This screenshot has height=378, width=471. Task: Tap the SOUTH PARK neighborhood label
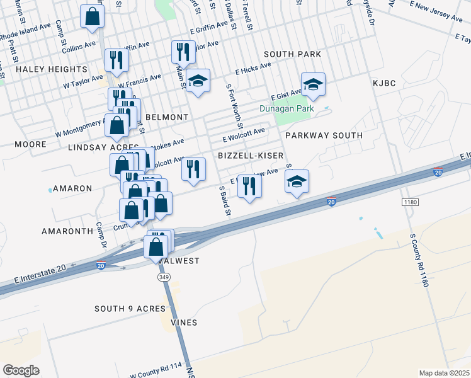[292, 54]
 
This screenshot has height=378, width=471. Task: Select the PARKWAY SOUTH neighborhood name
[324, 135]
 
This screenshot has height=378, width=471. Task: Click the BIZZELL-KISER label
[250, 155]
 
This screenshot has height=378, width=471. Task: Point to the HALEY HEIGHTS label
[52, 69]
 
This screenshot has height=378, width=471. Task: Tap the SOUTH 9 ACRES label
[130, 309]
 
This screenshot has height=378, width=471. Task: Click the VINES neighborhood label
[183, 323]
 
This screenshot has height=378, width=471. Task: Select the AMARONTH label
[67, 231]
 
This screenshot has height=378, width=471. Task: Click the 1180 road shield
[410, 202]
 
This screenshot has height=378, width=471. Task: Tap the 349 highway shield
[164, 277]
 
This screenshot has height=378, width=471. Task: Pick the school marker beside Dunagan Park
[312, 84]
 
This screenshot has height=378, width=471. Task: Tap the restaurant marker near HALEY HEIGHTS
[116, 60]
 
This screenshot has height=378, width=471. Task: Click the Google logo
[21, 370]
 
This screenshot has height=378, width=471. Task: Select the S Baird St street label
[223, 199]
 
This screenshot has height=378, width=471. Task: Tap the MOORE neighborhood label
[31, 144]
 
